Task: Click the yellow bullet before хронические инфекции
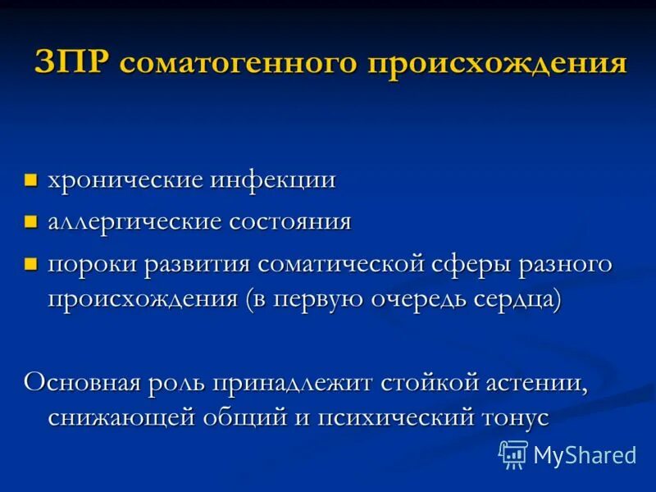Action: point(31,180)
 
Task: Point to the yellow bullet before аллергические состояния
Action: point(31,222)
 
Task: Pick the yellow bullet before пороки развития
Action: point(31,265)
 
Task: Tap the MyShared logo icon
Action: point(513,453)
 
